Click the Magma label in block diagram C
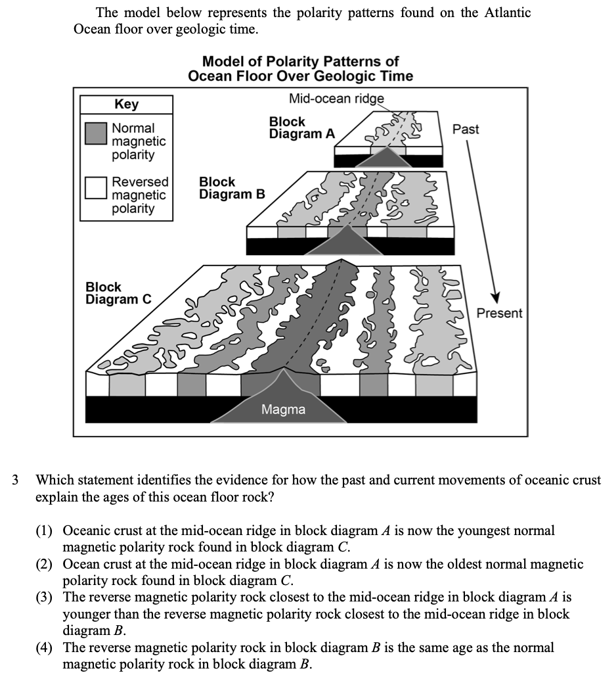[283, 410]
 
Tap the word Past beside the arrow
[466, 129]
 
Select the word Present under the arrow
[499, 313]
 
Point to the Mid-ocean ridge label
[336, 99]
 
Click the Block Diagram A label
[301, 128]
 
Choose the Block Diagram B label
[232, 188]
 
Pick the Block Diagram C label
[118, 293]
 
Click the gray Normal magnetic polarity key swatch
[95, 133]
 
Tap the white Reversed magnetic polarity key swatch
[95, 187]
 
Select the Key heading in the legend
[126, 105]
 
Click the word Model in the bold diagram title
[222, 61]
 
